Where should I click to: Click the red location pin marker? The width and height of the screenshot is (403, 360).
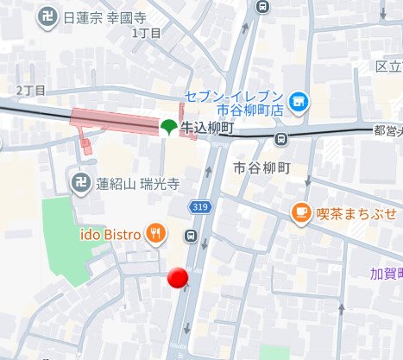click(x=178, y=277)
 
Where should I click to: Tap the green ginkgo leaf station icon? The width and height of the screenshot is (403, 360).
click(x=167, y=128)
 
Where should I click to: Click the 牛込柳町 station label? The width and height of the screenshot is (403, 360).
click(x=205, y=129)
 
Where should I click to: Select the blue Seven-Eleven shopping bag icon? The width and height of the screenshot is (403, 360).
click(x=299, y=102)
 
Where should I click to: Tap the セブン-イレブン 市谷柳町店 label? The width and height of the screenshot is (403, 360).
click(x=234, y=103)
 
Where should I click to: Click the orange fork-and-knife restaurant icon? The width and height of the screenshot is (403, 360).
click(x=156, y=233)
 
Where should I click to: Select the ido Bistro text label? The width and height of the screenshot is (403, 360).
click(x=110, y=233)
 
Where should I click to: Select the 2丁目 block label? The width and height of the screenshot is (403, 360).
click(x=31, y=90)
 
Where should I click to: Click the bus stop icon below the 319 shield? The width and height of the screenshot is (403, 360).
click(x=192, y=236)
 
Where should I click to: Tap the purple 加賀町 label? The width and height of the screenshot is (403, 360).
click(x=387, y=274)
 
